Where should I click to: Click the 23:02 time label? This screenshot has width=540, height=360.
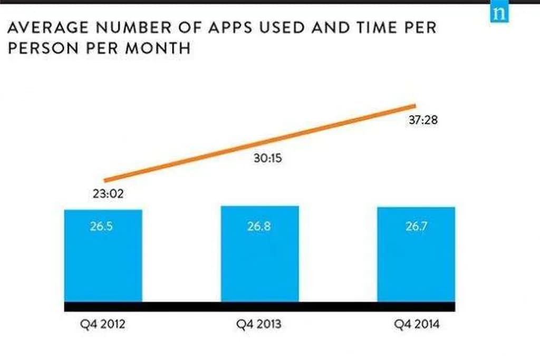(108, 194)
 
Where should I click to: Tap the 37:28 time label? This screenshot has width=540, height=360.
(423, 120)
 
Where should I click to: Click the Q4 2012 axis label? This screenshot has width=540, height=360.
(103, 324)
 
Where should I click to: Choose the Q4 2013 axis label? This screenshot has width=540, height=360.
(259, 324)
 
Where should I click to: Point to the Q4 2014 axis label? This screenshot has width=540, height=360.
(417, 324)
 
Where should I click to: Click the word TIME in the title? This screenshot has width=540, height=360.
(371, 27)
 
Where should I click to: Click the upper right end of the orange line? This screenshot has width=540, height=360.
(415, 105)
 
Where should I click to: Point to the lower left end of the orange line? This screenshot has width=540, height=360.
(106, 181)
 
